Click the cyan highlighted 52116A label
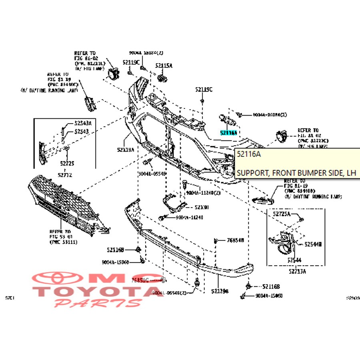pos(228,132)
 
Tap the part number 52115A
pos(164,65)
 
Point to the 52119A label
pos(125,150)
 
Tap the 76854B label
pos(235,240)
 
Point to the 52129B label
pos(220,291)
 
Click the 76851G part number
pos(140,280)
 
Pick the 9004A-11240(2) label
pos(203,193)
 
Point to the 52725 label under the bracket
pos(67,163)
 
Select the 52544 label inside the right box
pos(294,260)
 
